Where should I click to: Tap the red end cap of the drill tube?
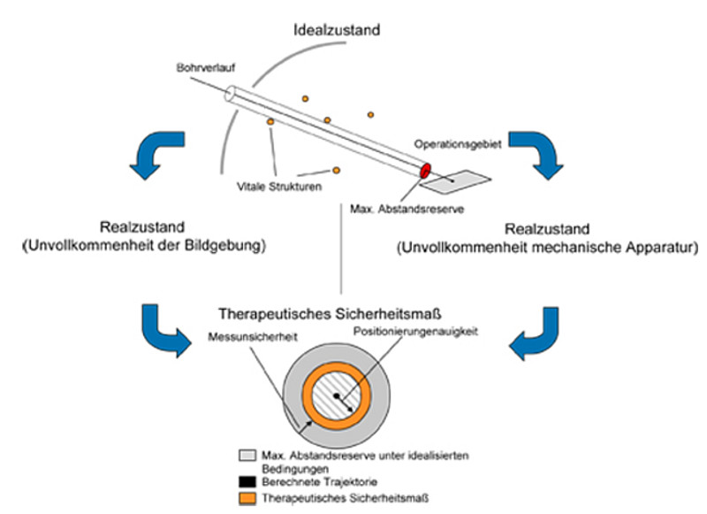(425, 169)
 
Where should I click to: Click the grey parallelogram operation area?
(454, 181)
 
